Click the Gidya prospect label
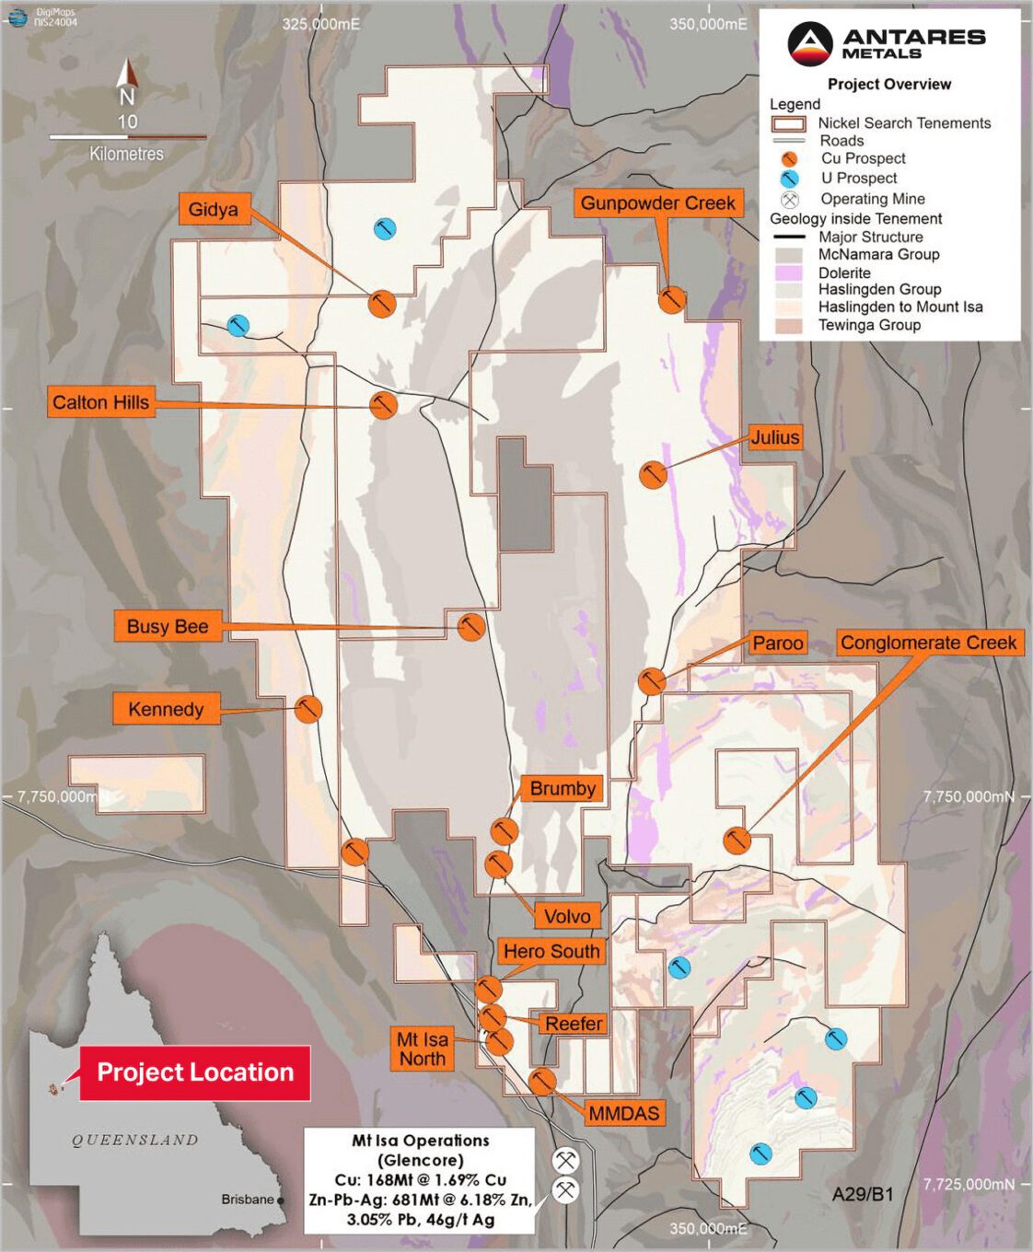coord(213,209)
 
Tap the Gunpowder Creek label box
coord(657,203)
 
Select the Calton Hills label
coord(100,402)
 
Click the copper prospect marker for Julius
coord(653,475)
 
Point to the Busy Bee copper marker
coord(471,627)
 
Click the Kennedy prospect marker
coord(308,709)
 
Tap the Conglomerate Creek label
coord(928,643)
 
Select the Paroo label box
coord(777,643)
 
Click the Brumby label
coord(562,788)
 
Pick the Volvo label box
coord(566,916)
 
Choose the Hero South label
coord(551,951)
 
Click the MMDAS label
coord(623,1113)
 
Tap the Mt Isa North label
coord(422,1049)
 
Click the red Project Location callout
coord(194,1072)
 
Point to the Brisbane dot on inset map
coord(281,1200)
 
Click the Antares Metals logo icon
coord(810,43)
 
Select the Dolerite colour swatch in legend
coord(789,272)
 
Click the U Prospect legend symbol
coord(789,179)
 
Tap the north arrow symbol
coord(127,78)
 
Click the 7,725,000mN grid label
coord(969,1184)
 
